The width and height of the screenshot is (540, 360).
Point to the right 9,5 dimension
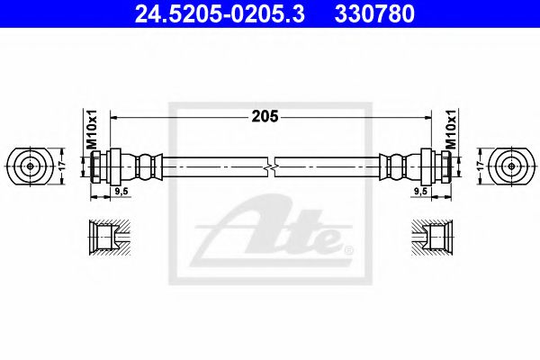[419, 192]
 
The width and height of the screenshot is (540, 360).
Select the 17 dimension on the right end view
[480, 166]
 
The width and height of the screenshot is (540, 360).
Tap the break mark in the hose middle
[271, 166]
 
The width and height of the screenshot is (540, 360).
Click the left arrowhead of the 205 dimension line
[113, 118]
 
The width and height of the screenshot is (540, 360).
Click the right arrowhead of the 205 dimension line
[429, 118]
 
